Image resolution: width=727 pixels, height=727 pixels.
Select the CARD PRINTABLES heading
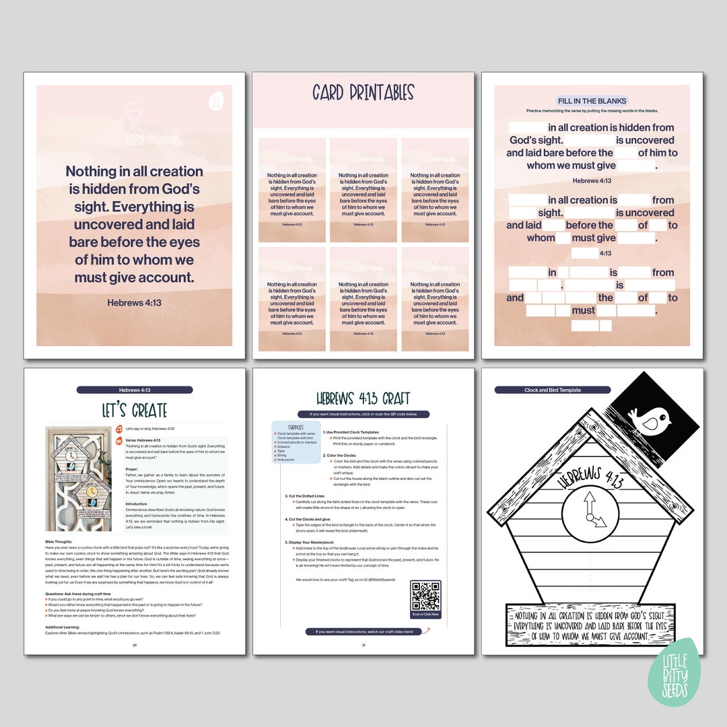coord(363,93)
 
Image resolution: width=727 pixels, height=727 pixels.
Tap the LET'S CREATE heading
coord(135,410)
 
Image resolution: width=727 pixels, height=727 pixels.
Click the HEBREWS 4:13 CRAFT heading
coord(363,399)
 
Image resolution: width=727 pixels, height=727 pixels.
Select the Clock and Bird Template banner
coord(552,390)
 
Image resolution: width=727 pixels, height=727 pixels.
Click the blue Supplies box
coord(296,442)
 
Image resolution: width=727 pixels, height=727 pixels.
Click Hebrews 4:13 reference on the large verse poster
coord(134,303)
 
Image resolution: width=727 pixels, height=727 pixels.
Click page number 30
coord(135,645)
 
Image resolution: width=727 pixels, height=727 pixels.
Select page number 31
coord(363,645)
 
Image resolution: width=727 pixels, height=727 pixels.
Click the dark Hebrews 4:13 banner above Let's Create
coord(135,390)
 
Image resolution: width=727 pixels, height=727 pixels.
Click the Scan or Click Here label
coord(425,615)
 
